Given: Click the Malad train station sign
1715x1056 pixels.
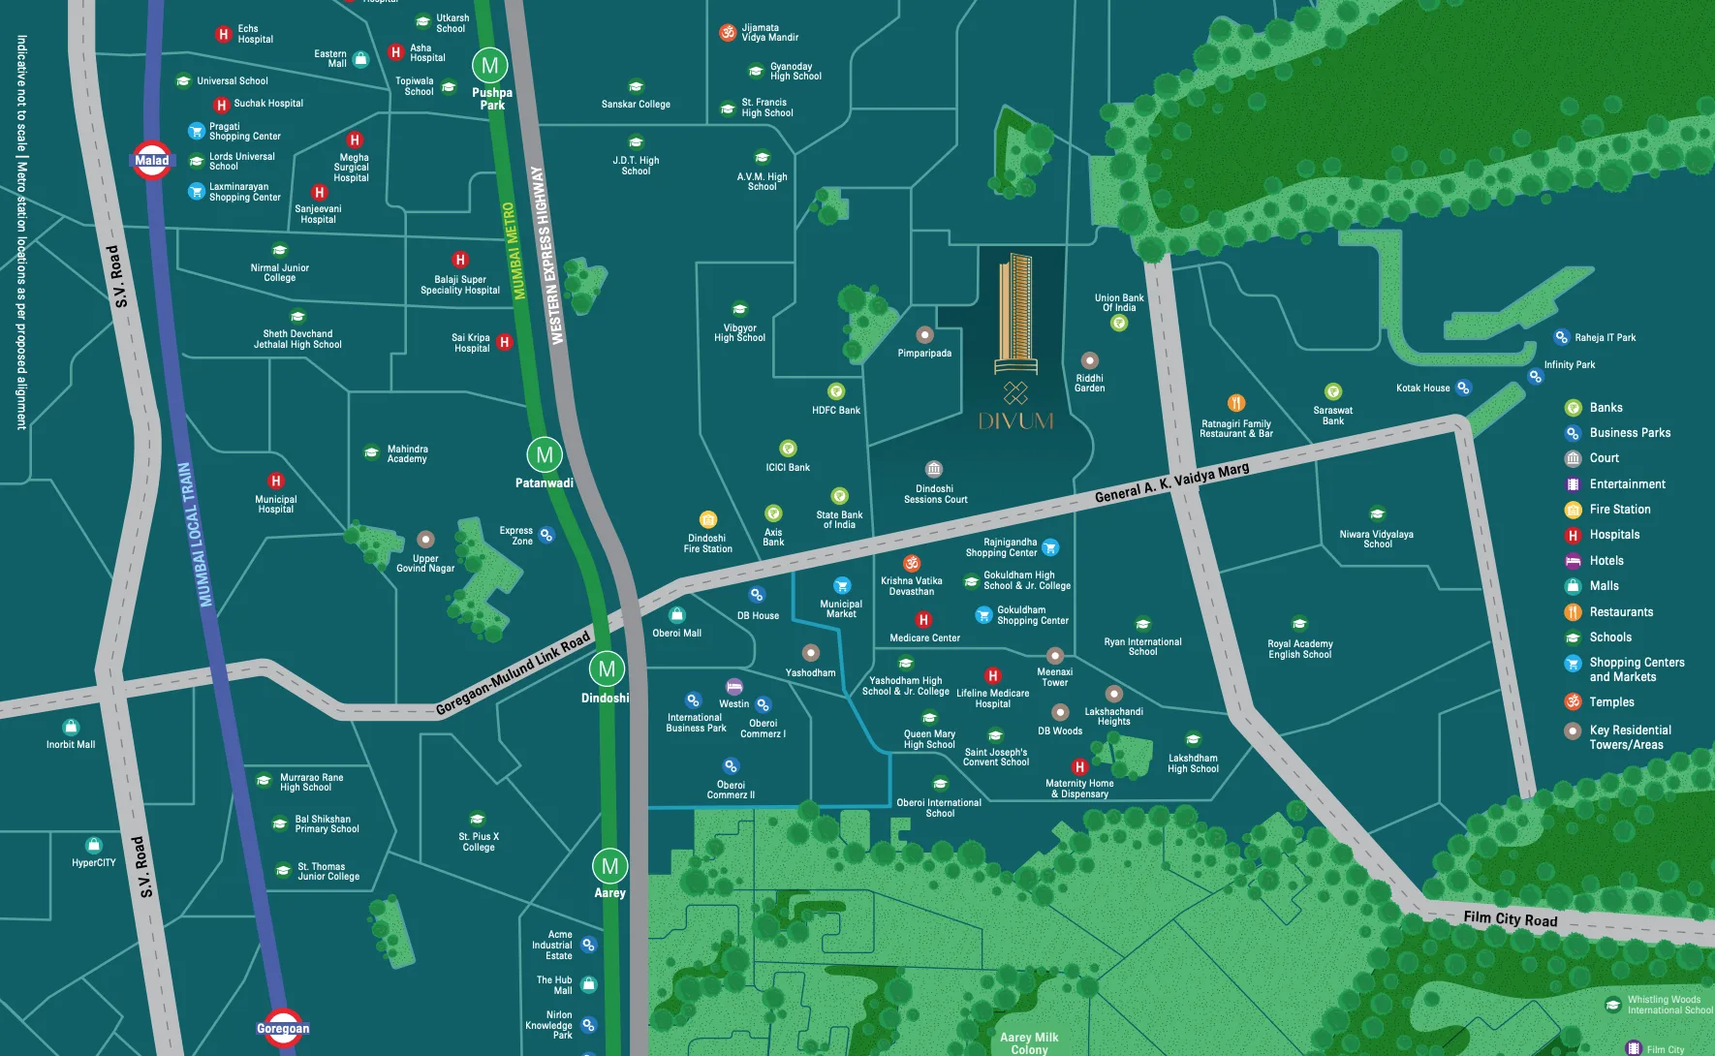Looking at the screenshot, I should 152,161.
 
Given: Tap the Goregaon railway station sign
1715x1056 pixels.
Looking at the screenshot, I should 283,1028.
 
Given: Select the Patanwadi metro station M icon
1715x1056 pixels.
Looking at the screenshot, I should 545,454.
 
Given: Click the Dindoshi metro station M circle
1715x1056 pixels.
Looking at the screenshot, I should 607,668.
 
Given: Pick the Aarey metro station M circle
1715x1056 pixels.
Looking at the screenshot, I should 609,866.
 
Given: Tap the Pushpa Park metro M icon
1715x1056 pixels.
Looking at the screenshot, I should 490,66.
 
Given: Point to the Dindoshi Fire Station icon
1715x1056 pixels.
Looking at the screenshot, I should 708,519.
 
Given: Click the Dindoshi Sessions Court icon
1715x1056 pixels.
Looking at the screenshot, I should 933,469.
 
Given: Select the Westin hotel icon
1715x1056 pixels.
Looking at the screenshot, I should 734,687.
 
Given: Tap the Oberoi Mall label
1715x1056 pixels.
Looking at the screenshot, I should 677,634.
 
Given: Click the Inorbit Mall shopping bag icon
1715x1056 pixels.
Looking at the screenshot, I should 71,727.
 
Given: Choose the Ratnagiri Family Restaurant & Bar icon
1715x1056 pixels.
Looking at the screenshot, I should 1236,403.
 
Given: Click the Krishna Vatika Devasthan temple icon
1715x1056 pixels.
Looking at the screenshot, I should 912,563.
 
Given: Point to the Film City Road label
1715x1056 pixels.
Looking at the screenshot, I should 1510,918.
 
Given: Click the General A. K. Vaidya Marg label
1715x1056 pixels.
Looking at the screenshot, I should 1171,482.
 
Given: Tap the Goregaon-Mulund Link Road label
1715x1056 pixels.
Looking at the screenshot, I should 513,673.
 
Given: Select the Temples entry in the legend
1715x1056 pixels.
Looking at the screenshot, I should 1611,702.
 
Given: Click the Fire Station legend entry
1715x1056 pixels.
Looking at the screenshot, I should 1619,510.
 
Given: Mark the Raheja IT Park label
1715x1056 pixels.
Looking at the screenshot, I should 1605,338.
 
